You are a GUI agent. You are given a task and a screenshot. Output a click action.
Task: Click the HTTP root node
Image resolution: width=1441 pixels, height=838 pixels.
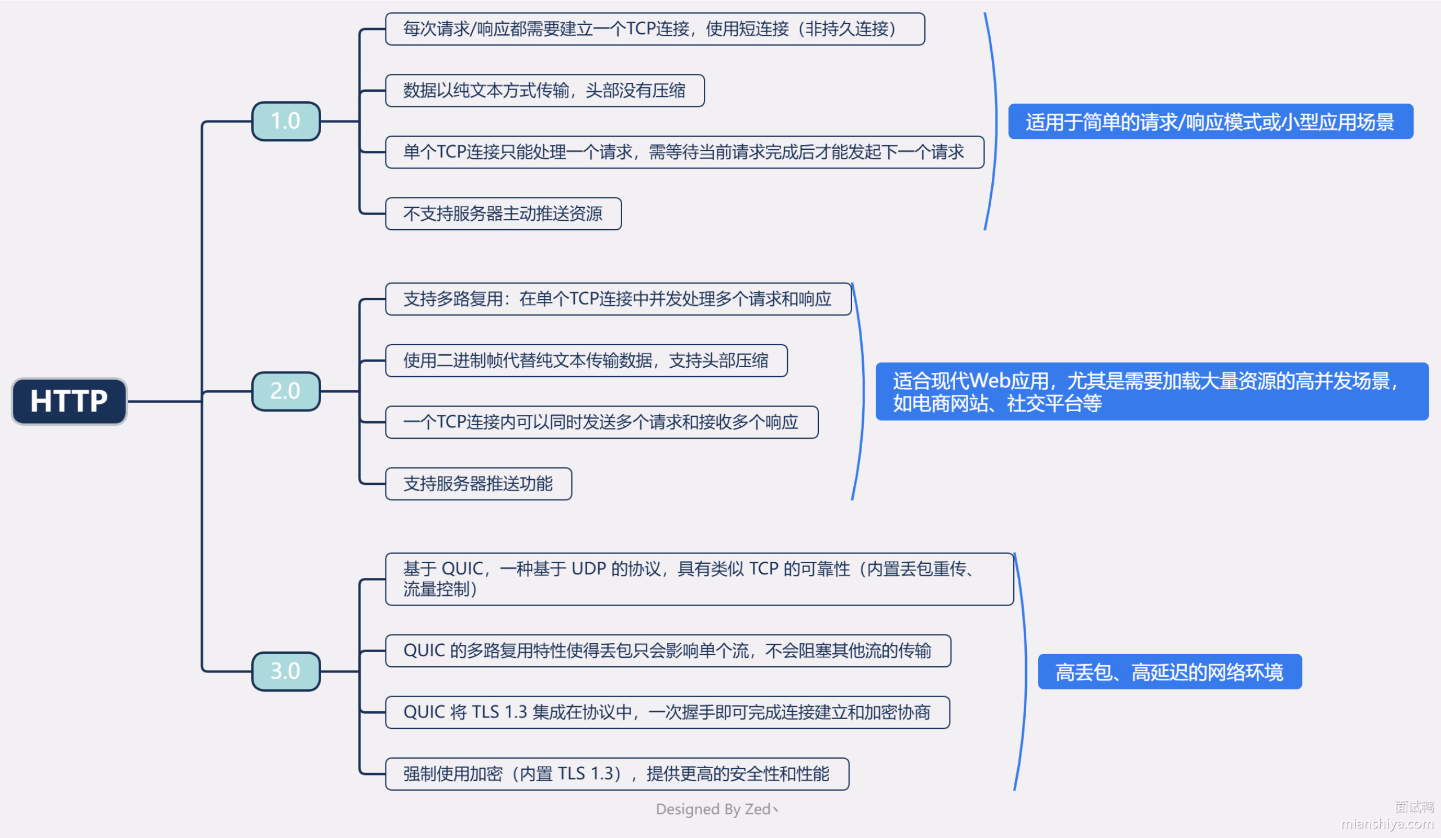[x=69, y=402]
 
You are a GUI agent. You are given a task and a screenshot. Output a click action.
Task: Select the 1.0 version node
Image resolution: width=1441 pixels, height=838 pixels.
[x=286, y=121]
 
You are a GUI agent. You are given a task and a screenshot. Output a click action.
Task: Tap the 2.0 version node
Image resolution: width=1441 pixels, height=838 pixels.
[x=286, y=391]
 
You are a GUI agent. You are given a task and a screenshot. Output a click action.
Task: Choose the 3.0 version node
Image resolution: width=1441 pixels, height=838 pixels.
[x=286, y=671]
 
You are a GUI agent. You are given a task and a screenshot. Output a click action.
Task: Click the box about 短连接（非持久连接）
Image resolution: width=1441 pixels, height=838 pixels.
[x=655, y=29]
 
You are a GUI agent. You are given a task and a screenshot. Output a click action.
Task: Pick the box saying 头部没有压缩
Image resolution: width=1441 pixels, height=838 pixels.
[x=544, y=90]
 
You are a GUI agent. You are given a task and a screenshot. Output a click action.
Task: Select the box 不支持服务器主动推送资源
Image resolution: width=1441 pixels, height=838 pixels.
[x=503, y=214]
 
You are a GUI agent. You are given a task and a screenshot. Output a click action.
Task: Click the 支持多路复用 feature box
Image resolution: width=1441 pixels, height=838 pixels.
[x=618, y=299]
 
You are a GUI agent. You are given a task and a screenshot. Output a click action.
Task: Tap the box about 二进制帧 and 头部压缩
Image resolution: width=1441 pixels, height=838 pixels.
[x=586, y=360]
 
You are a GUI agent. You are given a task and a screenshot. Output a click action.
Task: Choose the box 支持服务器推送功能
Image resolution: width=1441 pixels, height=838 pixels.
[x=478, y=484]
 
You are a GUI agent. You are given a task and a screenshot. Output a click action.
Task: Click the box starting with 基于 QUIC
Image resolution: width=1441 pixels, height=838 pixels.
[x=699, y=579]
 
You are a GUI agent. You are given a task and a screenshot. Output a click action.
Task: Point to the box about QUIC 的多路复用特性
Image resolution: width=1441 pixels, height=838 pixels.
[x=668, y=651]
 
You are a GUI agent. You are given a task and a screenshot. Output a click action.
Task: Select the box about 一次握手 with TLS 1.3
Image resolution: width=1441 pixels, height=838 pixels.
[x=667, y=712]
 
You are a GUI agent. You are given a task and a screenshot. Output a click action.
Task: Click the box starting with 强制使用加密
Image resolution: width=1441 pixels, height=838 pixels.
[x=617, y=774]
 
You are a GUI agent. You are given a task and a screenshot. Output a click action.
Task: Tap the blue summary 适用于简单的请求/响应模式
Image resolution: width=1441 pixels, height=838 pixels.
[x=1210, y=122]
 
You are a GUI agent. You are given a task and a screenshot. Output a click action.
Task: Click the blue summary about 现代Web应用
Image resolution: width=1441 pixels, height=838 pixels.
[x=1152, y=391]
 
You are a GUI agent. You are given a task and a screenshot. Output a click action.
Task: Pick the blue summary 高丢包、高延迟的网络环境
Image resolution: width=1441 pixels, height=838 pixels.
[x=1169, y=672]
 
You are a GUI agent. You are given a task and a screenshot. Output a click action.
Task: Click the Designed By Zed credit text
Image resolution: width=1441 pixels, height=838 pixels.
[x=716, y=809]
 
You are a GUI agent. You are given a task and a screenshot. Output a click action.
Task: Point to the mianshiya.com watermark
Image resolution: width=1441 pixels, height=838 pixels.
[x=1387, y=824]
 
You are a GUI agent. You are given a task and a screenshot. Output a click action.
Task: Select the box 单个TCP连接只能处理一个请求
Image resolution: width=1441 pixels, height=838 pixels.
[x=685, y=152]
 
